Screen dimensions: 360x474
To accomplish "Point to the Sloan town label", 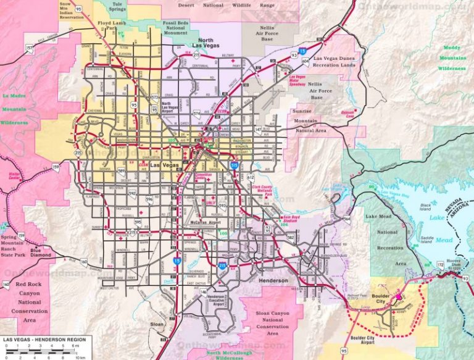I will tap(157, 323).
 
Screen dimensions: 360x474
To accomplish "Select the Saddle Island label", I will tap(425, 238).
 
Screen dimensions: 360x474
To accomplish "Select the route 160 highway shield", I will tap(6, 285).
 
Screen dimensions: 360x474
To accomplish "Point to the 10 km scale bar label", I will tap(80, 357).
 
